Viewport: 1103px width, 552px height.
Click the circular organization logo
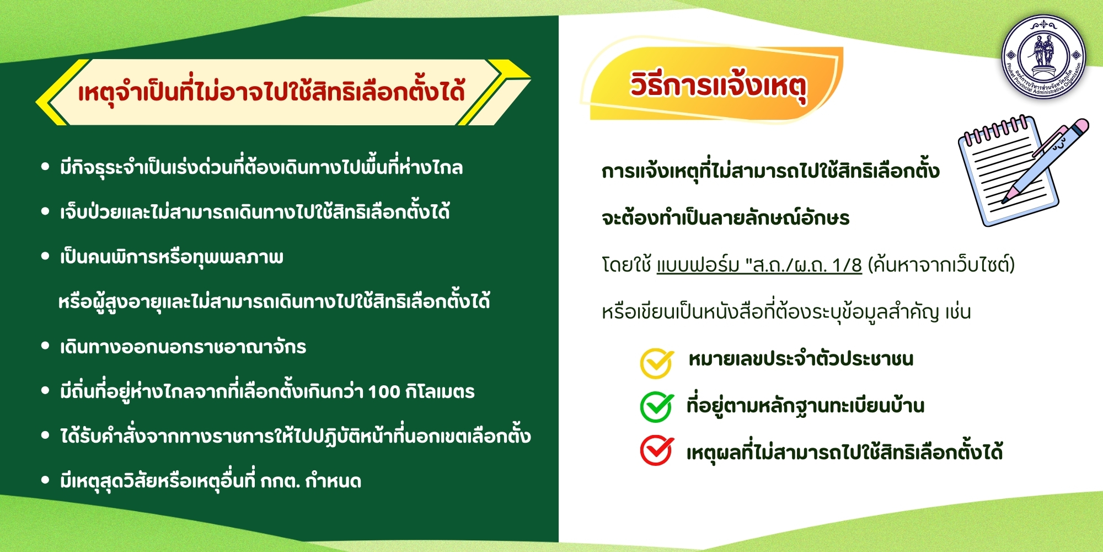1043,57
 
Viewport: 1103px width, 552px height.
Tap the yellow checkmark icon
656,363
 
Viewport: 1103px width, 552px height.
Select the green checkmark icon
656,407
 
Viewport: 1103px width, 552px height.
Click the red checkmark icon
656,451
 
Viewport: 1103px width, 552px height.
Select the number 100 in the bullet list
384,392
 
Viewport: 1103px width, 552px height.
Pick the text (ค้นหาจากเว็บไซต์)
941,265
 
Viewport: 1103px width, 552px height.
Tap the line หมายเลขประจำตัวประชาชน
801,359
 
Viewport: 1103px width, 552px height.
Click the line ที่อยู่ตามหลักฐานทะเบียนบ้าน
805,406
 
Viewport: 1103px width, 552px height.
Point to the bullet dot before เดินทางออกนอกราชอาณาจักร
46,346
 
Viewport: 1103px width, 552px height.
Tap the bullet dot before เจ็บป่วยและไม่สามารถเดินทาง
46,211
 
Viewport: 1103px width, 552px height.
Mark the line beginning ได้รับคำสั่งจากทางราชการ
296,436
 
